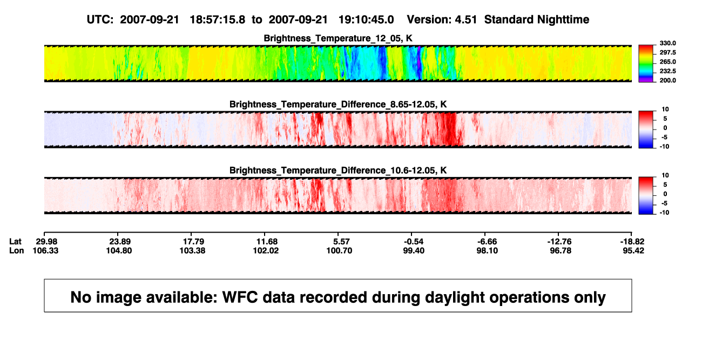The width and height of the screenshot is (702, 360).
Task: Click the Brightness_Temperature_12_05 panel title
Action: (338, 38)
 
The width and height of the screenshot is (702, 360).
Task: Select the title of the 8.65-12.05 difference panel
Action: (338, 104)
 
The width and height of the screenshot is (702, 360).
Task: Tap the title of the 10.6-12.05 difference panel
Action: (338, 171)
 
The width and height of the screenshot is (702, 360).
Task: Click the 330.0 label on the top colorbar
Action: (667, 43)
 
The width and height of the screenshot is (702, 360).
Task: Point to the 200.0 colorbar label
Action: (667, 80)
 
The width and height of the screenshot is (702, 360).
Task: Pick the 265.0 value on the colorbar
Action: (667, 62)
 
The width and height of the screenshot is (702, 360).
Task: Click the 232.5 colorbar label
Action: (667, 71)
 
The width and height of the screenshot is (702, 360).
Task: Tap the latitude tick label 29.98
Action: (46, 242)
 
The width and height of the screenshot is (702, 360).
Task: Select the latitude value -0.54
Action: (413, 242)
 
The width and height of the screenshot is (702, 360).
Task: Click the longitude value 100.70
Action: (339, 250)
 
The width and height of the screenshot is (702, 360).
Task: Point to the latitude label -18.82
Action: (632, 242)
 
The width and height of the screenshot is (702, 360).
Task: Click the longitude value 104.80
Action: (119, 250)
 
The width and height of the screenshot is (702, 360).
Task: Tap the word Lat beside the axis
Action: (15, 242)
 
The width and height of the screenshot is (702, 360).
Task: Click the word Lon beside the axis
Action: (16, 250)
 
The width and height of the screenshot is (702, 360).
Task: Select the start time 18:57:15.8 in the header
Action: (218, 20)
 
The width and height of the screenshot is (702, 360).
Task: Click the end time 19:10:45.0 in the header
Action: (366, 20)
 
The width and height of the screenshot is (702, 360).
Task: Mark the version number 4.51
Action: (466, 20)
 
